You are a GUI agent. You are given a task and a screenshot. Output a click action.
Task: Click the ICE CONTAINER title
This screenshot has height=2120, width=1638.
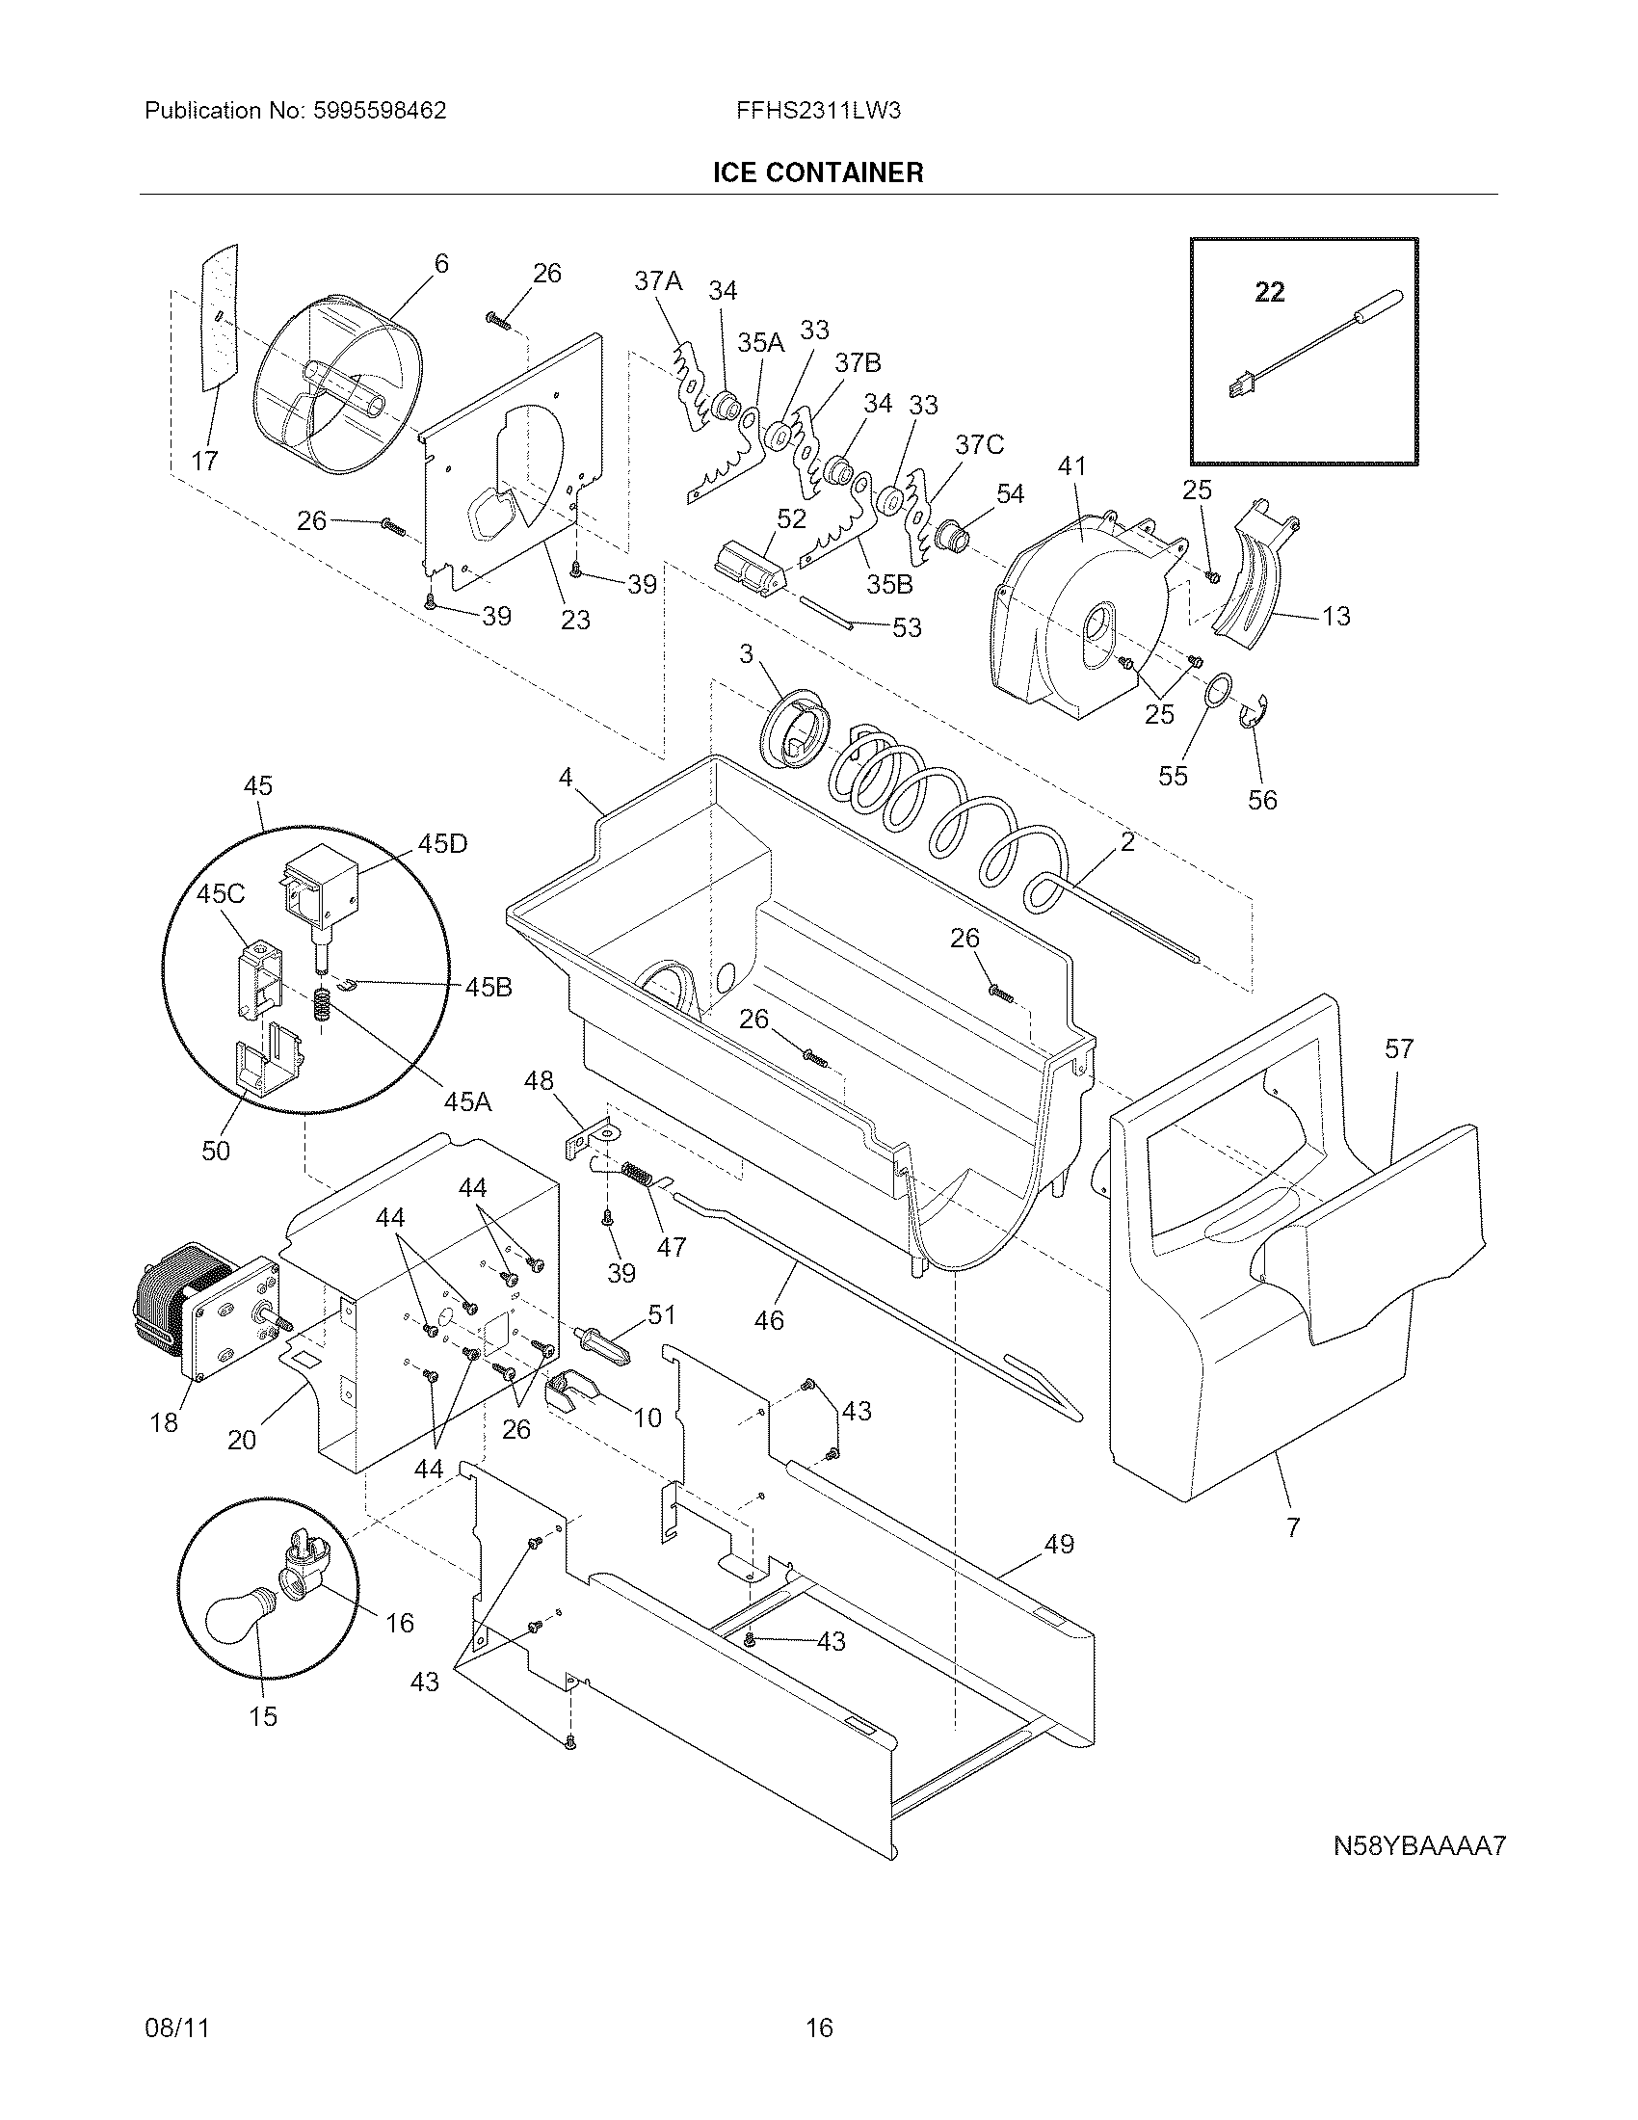click(x=818, y=172)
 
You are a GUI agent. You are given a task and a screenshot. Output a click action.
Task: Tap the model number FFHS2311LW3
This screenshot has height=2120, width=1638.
click(x=818, y=111)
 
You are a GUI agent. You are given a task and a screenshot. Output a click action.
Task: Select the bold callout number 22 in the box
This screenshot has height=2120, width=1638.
click(x=1269, y=291)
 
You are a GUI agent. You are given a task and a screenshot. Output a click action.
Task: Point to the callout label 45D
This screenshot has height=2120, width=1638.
click(x=442, y=843)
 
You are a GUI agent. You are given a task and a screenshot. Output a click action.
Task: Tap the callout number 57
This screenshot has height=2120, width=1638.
click(x=1399, y=1047)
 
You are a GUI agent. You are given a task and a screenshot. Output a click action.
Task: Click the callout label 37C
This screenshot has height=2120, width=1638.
click(x=979, y=444)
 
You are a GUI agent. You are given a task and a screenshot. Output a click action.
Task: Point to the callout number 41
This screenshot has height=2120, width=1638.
click(x=1071, y=466)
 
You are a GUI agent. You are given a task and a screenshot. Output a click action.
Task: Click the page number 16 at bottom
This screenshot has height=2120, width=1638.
click(x=819, y=2027)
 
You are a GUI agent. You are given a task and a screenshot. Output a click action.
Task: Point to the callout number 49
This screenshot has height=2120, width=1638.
click(x=1059, y=1543)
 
